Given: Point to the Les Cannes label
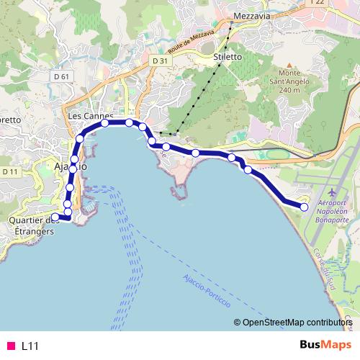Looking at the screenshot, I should coord(84,115).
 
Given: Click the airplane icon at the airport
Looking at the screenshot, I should coord(331,193).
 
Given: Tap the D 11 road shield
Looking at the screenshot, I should coord(9,171).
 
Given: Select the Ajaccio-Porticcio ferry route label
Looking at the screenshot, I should coord(205,288).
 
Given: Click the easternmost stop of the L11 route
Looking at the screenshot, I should coord(304,207).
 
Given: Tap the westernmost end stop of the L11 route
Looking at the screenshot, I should coord(55,217).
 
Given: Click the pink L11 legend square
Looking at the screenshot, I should coord(9,346).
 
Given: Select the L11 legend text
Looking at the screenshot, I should coord(30,346).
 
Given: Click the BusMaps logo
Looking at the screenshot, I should coord(325,345).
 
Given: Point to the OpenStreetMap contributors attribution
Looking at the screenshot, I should coord(295,323).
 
